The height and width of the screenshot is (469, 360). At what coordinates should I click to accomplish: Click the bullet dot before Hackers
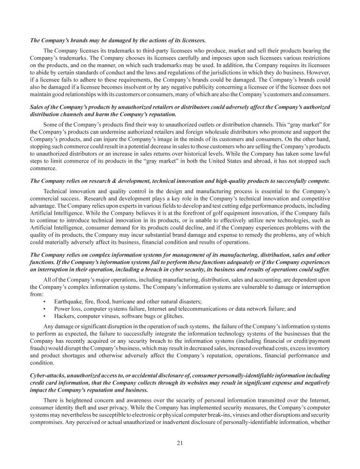click(x=44, y=316)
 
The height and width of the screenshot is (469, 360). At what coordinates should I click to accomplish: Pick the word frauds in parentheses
click(x=38, y=347)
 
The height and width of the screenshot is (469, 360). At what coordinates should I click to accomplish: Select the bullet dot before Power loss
click(x=44, y=309)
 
